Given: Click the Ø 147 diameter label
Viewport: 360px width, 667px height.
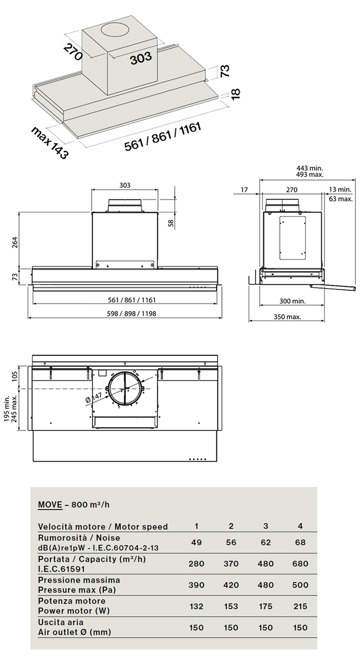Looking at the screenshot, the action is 94,398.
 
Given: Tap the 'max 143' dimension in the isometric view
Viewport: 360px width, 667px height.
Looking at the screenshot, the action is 50,142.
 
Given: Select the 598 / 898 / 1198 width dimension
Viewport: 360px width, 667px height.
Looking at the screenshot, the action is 131,314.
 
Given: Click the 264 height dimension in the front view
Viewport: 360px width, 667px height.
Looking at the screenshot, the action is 14,242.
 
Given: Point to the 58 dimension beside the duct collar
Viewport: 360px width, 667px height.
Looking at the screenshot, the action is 171,223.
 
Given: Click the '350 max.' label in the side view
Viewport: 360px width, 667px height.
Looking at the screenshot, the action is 287,317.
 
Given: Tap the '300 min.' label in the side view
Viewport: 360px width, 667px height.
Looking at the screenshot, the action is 292,301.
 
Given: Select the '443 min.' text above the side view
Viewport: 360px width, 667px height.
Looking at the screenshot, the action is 310,168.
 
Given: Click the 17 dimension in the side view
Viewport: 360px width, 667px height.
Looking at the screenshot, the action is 244,190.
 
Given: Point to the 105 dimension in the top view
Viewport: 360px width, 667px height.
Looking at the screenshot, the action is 14,376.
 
